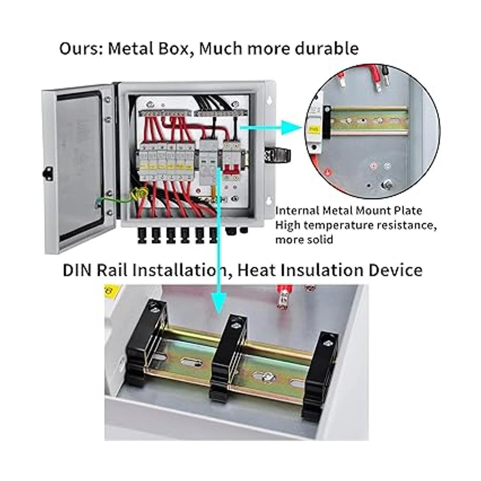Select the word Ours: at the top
tap(81, 49)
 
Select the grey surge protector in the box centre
tap(209, 160)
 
